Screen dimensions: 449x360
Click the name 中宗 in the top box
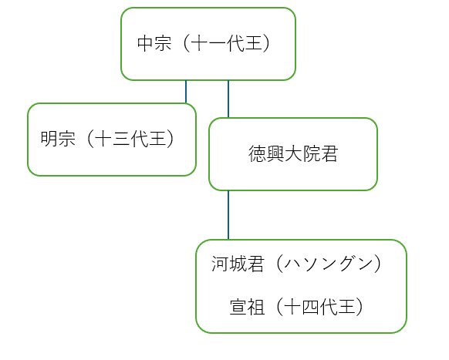(154, 43)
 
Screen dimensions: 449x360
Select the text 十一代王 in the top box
(227, 43)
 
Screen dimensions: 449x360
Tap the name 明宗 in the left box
(58, 139)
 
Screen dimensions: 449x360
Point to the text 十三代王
(130, 139)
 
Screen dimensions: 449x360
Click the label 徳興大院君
(293, 153)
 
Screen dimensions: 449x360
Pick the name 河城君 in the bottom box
(238, 264)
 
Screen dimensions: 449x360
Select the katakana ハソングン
(329, 264)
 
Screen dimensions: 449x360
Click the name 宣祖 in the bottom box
(247, 307)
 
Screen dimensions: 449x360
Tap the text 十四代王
(319, 307)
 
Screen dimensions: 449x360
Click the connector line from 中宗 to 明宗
(186, 92)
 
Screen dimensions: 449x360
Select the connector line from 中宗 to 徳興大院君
(228, 99)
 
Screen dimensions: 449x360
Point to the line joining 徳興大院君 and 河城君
(228, 215)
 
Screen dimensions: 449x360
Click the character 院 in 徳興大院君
(311, 153)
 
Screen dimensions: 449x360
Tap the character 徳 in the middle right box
(257, 153)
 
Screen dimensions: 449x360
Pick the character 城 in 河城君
(238, 264)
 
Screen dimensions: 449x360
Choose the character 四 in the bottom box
(311, 307)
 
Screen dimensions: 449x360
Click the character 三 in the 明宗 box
(121, 139)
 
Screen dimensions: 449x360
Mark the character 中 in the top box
(146, 43)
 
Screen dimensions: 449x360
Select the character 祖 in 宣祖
(255, 307)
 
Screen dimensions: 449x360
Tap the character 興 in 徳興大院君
(275, 153)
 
